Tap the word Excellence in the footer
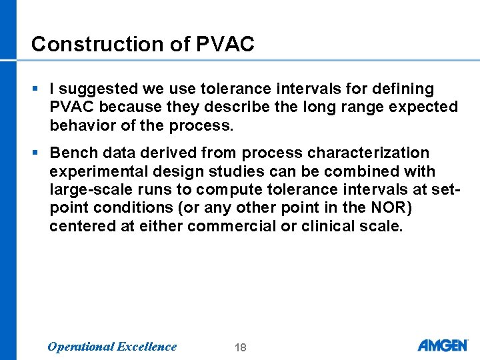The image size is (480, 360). point(147,347)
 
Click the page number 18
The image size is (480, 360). point(241,347)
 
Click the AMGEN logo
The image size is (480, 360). point(442,345)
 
